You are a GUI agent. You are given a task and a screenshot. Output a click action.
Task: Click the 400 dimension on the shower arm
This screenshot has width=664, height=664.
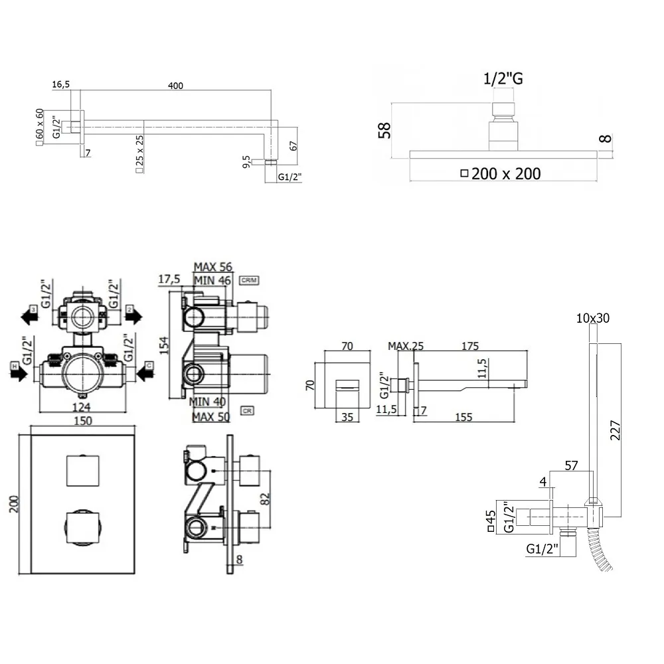click(x=175, y=85)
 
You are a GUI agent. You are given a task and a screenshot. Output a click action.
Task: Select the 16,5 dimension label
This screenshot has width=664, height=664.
click(x=60, y=85)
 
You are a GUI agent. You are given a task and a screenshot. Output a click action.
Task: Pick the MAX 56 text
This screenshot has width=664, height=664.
click(x=212, y=267)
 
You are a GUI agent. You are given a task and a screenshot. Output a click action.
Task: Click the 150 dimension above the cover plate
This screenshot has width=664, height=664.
click(x=83, y=421)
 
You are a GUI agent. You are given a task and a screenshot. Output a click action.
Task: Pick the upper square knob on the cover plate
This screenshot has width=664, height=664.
click(x=82, y=471)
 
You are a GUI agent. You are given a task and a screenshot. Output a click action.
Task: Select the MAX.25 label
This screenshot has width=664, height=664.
click(x=406, y=346)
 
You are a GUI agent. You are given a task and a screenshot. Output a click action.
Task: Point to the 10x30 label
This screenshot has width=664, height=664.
click(x=592, y=319)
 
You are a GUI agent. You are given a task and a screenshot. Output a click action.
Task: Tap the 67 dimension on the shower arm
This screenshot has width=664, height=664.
click(x=293, y=147)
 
